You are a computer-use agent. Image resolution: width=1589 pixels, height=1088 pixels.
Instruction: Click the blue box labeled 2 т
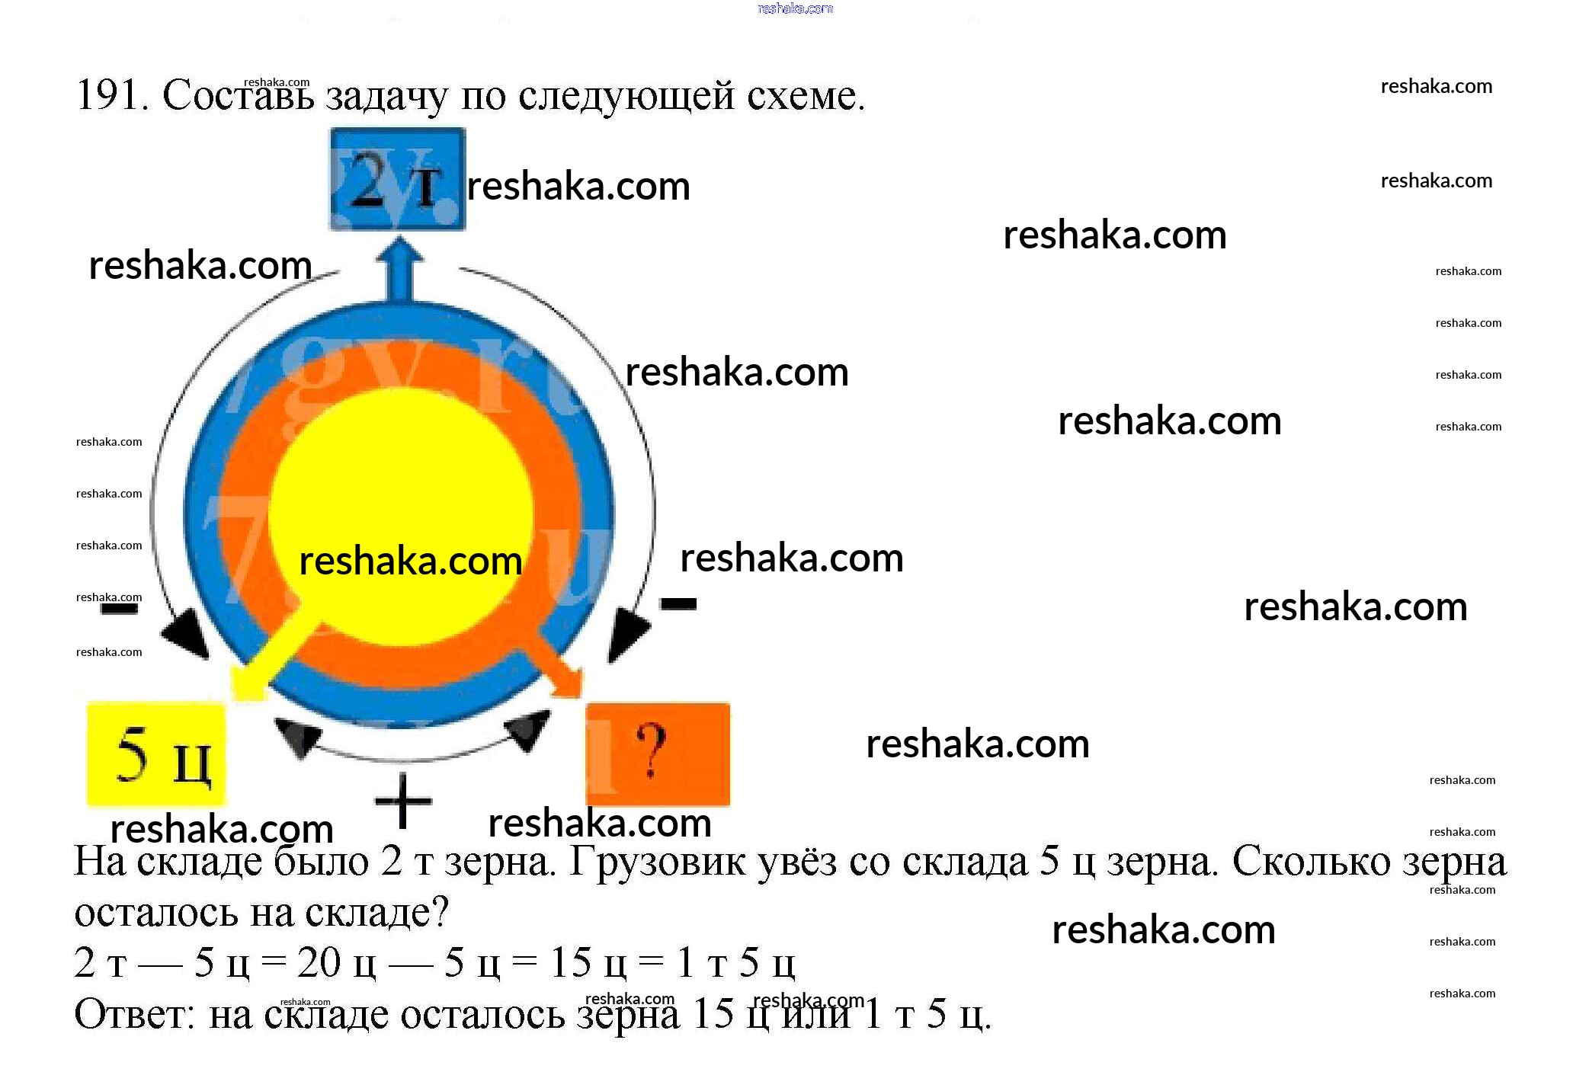(397, 179)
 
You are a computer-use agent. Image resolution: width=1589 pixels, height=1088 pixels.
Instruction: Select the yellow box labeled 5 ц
(156, 754)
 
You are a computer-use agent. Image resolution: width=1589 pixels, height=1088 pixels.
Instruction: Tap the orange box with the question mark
(658, 754)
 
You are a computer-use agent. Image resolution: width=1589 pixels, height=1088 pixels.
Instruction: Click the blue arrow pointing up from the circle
(399, 270)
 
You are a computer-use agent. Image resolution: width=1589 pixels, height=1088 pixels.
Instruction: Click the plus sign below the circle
(403, 801)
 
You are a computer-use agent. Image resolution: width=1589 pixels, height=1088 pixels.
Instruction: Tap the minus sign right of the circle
(678, 604)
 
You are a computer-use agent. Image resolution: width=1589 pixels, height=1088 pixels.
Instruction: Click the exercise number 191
(111, 96)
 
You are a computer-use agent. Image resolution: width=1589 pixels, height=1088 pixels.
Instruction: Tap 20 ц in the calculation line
(336, 963)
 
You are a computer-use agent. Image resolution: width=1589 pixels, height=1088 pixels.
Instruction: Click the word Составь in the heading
(238, 96)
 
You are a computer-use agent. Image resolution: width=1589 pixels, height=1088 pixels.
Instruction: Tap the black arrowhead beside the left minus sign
(187, 632)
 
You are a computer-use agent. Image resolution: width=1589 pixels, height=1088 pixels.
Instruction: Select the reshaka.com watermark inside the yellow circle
(410, 562)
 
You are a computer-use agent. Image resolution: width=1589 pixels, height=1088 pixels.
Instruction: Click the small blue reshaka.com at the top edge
(795, 8)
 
